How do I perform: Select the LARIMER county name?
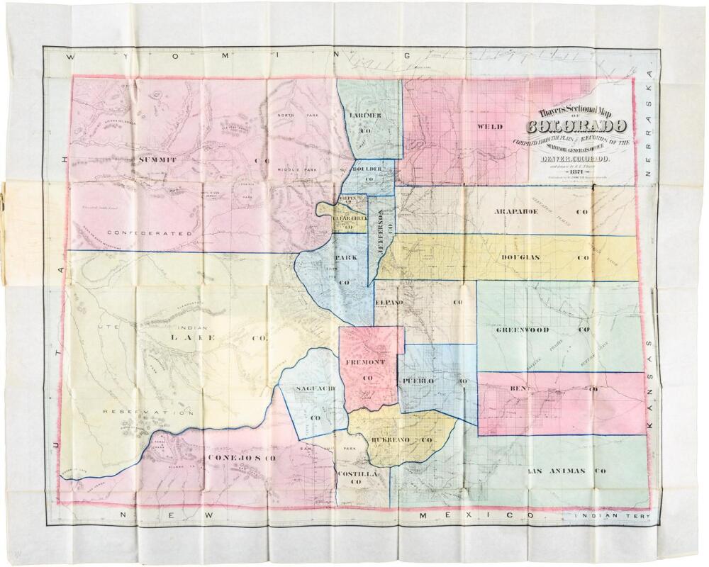pyautogui.click(x=366, y=116)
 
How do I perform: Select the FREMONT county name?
pyautogui.click(x=365, y=363)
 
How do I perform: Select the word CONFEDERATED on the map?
pyautogui.click(x=150, y=232)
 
